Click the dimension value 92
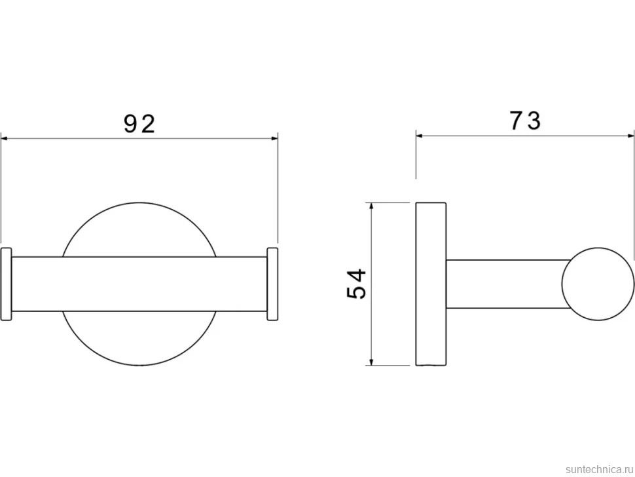pos(139,124)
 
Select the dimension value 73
pos(525,121)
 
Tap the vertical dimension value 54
pos(357,284)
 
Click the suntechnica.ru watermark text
pos(599,469)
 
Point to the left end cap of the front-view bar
pos(7,284)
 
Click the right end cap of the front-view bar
pos(272,284)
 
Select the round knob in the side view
pos(598,284)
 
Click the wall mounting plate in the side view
pos(431,284)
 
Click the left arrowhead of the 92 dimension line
pos(4,139)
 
